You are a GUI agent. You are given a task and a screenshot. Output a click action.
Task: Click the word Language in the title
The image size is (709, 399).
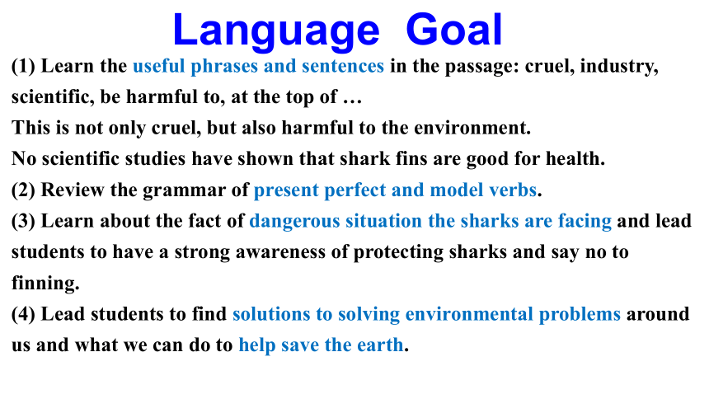(x=276, y=31)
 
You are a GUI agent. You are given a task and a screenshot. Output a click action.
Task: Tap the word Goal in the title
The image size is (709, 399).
(x=454, y=30)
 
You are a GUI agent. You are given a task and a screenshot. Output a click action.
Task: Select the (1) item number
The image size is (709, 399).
(x=23, y=66)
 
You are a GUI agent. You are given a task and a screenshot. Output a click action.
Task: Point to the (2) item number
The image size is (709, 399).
(x=23, y=190)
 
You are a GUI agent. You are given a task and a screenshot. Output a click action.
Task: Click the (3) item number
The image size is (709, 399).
(x=23, y=221)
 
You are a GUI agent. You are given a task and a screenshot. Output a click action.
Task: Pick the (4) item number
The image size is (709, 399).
(x=23, y=314)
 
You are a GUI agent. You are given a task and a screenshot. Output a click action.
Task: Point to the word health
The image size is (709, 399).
(x=575, y=159)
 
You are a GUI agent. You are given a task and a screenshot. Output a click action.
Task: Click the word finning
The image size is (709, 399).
(x=45, y=284)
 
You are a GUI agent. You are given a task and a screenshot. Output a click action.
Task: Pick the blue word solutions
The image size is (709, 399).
(x=271, y=314)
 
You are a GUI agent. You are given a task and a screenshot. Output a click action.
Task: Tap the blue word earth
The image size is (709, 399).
(x=380, y=345)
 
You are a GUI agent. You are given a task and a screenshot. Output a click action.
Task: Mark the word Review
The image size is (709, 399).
(x=73, y=190)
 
